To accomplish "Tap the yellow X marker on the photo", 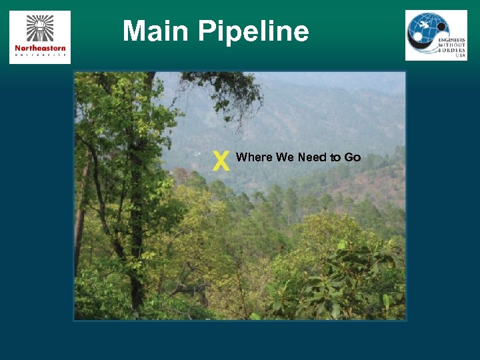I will point(221,160).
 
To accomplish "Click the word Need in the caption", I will point(311,157).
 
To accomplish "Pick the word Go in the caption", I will point(353,157).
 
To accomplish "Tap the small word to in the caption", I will point(334,157).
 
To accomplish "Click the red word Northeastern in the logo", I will point(40,48).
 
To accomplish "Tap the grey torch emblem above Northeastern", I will point(39,28).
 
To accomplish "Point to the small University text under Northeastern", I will point(40,56).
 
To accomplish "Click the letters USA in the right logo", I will point(460,56).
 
